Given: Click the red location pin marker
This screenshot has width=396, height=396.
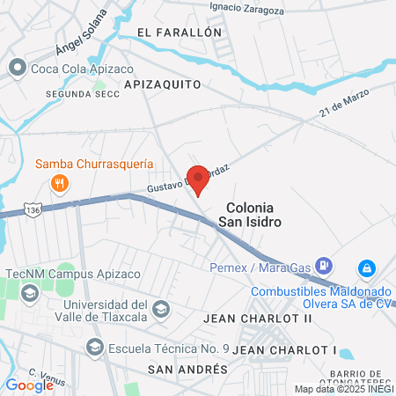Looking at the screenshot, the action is click(198, 180).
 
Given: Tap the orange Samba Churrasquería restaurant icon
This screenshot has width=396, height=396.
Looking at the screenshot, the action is click(60, 183).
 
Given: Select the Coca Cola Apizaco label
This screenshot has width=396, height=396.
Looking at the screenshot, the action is click(74, 68).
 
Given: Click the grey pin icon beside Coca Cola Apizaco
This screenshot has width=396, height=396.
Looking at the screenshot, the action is click(17, 68).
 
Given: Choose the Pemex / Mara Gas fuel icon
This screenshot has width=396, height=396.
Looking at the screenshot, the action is click(324, 264).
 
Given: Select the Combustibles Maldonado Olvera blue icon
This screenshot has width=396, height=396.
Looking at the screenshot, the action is click(367, 268).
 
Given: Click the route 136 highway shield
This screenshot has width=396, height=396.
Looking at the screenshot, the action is click(33, 212).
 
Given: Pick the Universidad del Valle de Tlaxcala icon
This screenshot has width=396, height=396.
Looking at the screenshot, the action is click(161, 308).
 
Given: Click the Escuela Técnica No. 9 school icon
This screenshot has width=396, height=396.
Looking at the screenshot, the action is click(94, 348).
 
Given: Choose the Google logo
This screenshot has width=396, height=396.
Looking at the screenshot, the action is click(30, 384).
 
